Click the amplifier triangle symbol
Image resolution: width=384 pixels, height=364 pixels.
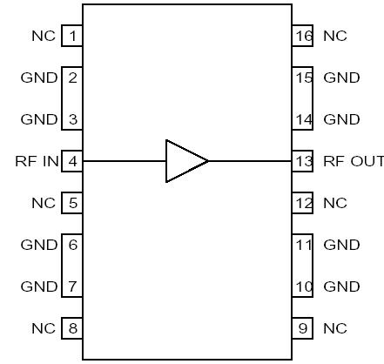click(x=185, y=161)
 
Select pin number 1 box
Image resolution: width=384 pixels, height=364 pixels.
click(x=72, y=36)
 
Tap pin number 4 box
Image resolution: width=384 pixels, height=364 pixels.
click(x=72, y=161)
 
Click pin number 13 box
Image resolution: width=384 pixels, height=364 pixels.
click(x=302, y=161)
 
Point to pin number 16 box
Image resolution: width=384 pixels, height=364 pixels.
click(x=302, y=36)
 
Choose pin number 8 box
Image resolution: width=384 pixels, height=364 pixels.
click(x=72, y=328)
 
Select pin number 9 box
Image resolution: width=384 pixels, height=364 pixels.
click(x=302, y=328)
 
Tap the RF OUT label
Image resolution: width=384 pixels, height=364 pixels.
click(x=352, y=161)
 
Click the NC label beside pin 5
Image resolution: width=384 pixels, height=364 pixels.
click(x=43, y=203)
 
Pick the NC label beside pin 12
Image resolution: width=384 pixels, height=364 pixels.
click(x=334, y=203)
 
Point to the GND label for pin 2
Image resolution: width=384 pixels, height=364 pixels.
click(x=38, y=78)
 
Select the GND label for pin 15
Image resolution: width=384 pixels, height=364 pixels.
click(x=341, y=78)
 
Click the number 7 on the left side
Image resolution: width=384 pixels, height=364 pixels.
click(x=72, y=286)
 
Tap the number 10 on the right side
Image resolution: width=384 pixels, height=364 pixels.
click(x=302, y=286)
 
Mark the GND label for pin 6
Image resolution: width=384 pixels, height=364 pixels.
click(x=38, y=245)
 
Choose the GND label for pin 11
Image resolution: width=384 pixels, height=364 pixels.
click(x=341, y=245)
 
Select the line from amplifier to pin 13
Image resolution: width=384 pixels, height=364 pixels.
click(x=250, y=161)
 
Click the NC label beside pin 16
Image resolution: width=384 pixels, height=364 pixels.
click(x=334, y=36)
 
